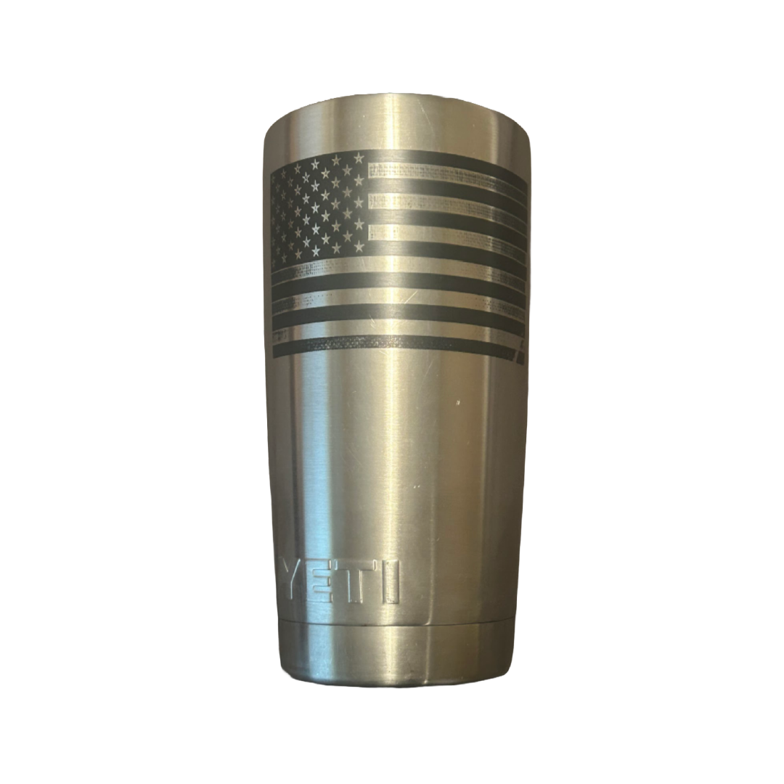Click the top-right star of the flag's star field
[x=358, y=158]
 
